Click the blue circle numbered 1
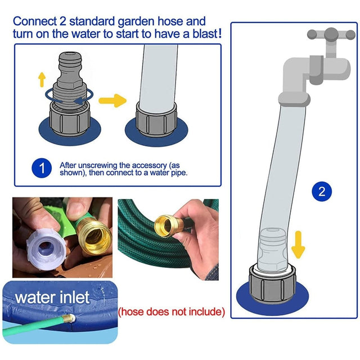click(40, 168)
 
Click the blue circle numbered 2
click(322, 191)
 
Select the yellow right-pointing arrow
click(112, 101)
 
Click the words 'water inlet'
click(52, 297)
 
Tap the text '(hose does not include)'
click(171, 311)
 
